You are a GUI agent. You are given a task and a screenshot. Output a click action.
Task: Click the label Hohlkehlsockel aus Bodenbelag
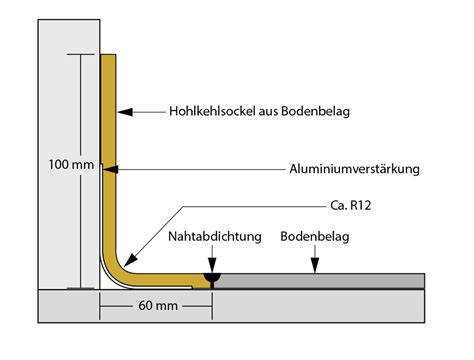pos(259,111)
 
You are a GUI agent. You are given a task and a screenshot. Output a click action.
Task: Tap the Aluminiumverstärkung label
pos(354,169)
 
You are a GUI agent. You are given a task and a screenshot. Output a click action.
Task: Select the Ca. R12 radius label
pos(351,205)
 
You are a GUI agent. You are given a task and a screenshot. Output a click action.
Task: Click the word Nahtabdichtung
pos(215,236)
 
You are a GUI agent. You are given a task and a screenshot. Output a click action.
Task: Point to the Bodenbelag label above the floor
pos(315,236)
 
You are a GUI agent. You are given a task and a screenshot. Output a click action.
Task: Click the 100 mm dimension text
pos(71,164)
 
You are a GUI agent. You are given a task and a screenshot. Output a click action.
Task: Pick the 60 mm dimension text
pos(158,306)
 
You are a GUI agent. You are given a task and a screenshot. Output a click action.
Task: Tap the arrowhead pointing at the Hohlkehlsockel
pos(125,112)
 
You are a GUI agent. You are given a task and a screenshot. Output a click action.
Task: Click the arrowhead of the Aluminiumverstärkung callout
pos(110,169)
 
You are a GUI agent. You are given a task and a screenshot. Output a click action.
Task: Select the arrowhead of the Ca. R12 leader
pos(130,260)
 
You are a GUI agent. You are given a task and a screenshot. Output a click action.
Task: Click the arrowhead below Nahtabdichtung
pos(212,265)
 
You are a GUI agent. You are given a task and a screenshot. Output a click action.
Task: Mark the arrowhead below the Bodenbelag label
pos(315,265)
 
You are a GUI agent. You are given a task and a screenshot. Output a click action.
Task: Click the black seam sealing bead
pos(212,278)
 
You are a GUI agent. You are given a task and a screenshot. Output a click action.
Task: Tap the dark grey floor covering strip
pos(319,281)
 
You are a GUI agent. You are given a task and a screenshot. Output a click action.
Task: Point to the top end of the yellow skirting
pos(108,55)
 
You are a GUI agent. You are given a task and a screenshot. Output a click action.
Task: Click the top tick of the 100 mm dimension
pos(80,54)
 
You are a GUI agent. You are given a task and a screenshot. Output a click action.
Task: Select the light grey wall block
pos(69,154)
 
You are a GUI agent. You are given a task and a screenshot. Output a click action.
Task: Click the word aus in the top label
pos(269,112)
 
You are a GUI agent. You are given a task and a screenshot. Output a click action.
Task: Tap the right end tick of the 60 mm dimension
pos(212,307)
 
